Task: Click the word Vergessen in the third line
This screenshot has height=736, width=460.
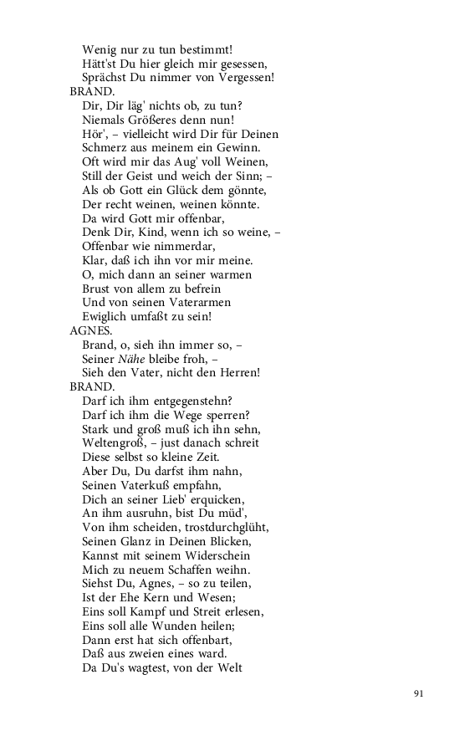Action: coord(244,78)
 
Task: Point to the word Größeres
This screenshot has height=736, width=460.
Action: coord(158,120)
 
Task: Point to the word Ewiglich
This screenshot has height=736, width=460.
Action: coord(105,316)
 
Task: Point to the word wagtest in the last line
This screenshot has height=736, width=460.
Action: coord(148,667)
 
